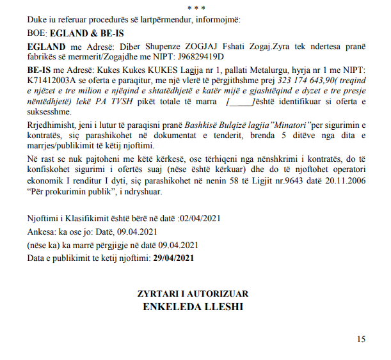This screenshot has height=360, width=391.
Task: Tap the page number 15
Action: (x=362, y=339)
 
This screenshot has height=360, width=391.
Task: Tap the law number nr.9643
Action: (x=268, y=181)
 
